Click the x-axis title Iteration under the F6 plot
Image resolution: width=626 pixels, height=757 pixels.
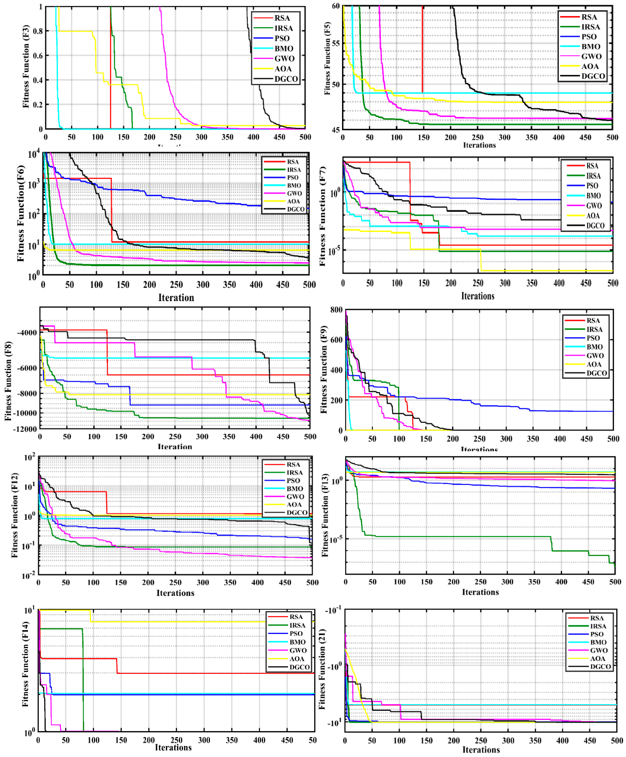176,298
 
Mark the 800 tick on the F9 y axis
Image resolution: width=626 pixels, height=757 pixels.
336,310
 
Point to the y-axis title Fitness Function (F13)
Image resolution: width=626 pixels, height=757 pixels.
325,515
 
